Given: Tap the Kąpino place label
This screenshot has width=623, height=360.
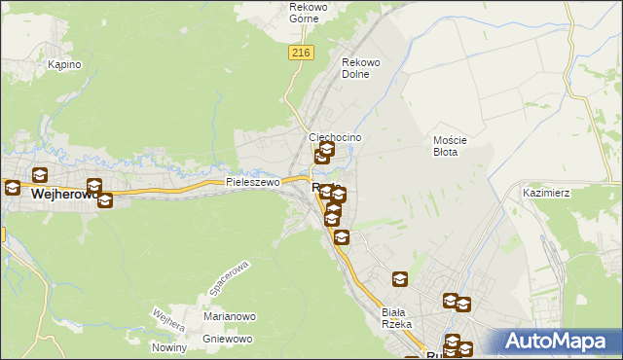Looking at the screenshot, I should [64, 64].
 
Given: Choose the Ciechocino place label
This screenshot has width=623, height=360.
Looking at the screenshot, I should [335, 138].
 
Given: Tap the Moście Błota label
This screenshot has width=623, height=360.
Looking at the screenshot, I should [451, 146].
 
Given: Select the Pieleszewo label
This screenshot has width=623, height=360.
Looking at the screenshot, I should [253, 182].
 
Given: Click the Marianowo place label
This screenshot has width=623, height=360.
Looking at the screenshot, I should [230, 316].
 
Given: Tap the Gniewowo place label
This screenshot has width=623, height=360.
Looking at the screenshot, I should [228, 339].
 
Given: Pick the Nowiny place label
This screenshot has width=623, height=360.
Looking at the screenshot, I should [169, 347].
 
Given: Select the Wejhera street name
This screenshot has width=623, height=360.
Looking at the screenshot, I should [168, 320].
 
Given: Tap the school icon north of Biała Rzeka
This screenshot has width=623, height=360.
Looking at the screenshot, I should [400, 280].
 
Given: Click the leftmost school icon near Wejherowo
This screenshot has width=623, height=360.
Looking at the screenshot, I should [12, 187].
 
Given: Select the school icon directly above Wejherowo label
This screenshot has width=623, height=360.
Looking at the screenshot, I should [40, 175].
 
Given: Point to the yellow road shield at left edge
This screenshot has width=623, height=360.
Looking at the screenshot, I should [2, 234].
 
